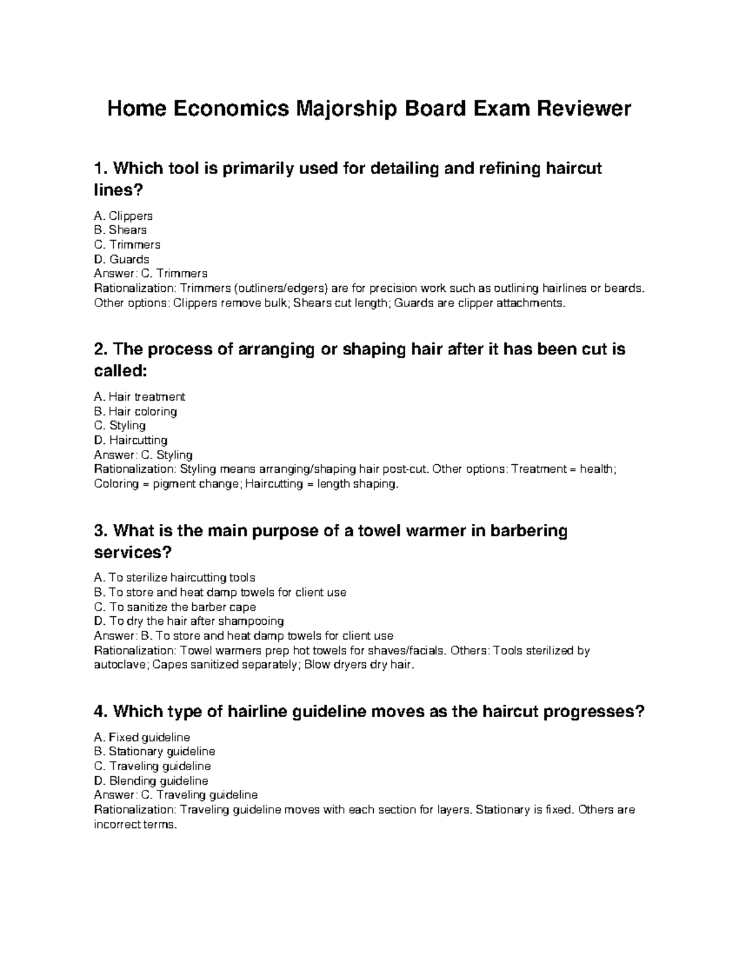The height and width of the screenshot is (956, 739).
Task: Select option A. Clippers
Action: click(x=123, y=216)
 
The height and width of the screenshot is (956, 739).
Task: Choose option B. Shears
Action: click(x=120, y=230)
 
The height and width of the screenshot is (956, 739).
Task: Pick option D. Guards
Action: click(x=121, y=259)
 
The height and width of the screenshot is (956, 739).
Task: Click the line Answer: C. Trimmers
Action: click(x=150, y=273)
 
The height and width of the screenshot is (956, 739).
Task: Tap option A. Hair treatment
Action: click(x=139, y=397)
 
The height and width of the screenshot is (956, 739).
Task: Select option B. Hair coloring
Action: click(x=135, y=411)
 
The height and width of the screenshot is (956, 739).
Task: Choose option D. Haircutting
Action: click(x=131, y=440)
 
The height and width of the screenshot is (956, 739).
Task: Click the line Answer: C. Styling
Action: click(x=143, y=455)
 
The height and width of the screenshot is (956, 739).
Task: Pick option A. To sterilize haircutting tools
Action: click(x=174, y=578)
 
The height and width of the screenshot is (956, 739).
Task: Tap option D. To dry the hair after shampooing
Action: click(x=188, y=621)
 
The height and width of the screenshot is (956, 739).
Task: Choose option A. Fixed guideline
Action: click(x=142, y=737)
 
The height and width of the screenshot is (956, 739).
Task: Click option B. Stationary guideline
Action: click(x=154, y=752)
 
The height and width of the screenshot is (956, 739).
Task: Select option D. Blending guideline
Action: click(x=151, y=781)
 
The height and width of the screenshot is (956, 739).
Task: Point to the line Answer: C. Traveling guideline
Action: click(x=176, y=795)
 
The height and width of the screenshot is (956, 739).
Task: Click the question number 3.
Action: click(x=99, y=531)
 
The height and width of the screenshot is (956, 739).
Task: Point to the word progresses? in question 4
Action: click(x=597, y=712)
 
